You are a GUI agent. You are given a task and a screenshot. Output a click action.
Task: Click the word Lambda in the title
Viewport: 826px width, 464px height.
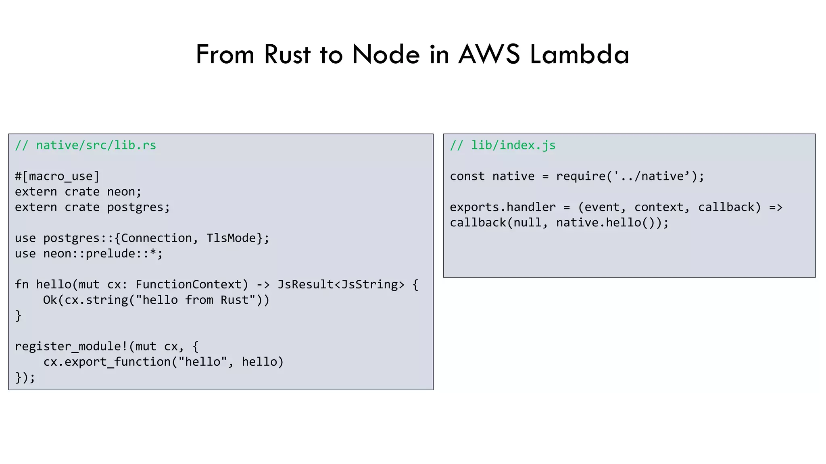coord(579,54)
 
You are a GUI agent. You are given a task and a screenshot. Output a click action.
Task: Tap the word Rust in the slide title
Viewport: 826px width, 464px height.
coord(287,54)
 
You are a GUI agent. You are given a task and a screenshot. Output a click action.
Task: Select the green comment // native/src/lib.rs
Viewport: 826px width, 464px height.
coord(86,145)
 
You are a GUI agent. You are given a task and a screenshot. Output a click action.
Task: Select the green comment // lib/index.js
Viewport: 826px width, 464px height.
coord(503,145)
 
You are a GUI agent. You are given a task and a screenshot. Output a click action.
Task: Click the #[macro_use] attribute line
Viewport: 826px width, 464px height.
coord(57,176)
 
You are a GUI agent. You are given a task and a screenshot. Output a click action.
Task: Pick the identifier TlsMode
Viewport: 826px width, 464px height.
coord(232,238)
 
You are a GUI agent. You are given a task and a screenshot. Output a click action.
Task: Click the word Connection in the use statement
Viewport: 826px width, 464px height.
coord(156,238)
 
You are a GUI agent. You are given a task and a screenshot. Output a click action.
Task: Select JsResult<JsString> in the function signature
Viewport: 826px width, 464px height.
coord(341,285)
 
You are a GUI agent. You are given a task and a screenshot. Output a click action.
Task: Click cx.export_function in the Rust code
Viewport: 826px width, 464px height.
coord(106,362)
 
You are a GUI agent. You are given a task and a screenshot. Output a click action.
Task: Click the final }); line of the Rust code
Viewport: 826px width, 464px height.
coord(25,377)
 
